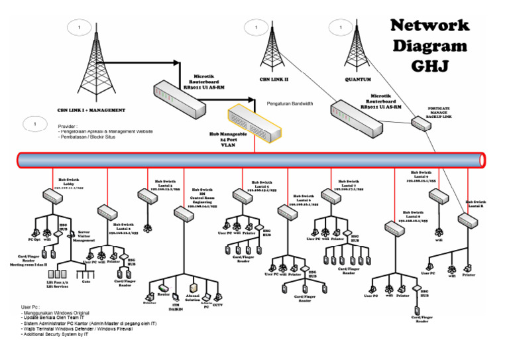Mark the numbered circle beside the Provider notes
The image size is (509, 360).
[36, 123]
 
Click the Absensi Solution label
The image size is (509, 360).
[192, 298]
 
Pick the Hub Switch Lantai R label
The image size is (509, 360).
[475, 204]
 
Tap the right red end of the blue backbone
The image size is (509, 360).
[482, 160]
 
